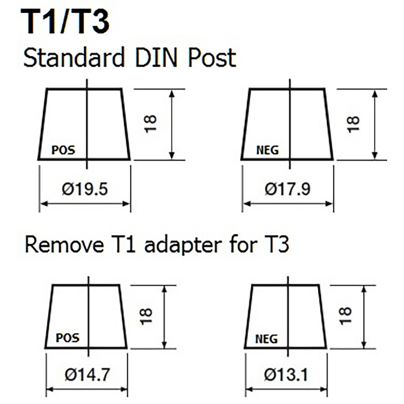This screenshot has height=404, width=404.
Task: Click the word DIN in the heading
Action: [156, 58]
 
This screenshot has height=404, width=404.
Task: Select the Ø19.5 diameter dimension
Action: [85, 189]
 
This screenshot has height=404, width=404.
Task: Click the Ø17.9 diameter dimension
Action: [288, 189]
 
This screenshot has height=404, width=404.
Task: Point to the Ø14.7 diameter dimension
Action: [87, 375]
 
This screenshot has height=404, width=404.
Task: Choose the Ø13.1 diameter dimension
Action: [286, 375]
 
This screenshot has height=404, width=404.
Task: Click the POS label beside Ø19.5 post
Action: [63, 150]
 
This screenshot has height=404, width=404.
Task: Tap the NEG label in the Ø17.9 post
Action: [267, 150]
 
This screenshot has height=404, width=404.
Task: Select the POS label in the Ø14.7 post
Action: [67, 338]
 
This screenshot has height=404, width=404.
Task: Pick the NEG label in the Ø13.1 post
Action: [266, 339]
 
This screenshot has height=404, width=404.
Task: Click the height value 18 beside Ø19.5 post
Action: [150, 124]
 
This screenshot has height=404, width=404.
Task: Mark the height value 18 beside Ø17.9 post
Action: [353, 124]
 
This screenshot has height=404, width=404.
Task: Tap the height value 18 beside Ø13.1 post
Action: [345, 316]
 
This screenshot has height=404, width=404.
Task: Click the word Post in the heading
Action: [212, 58]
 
